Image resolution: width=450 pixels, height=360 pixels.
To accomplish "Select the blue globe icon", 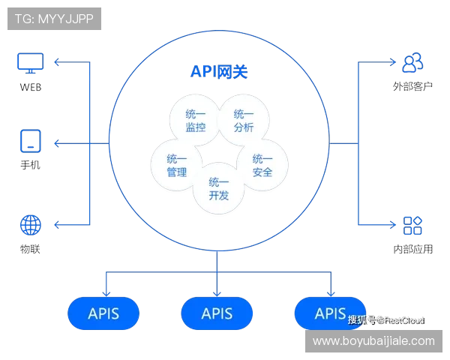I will point(31,224).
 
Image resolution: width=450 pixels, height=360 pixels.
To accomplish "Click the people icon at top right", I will point(412,62).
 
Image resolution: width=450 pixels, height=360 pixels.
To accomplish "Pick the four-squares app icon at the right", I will point(412,225).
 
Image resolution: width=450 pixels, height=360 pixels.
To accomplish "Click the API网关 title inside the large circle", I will point(217,73).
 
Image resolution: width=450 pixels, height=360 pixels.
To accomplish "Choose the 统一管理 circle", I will point(177,166).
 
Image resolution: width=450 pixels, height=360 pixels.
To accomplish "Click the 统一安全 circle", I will point(262,166).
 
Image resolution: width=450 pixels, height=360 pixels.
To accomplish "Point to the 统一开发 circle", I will point(219,188).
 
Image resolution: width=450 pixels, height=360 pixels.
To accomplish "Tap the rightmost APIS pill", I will point(330,313).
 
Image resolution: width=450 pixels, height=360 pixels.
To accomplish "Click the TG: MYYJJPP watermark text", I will point(54,19).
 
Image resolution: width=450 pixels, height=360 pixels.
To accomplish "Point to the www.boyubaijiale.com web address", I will point(373,341).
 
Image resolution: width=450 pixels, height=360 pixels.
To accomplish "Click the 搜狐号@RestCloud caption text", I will point(385,319).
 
